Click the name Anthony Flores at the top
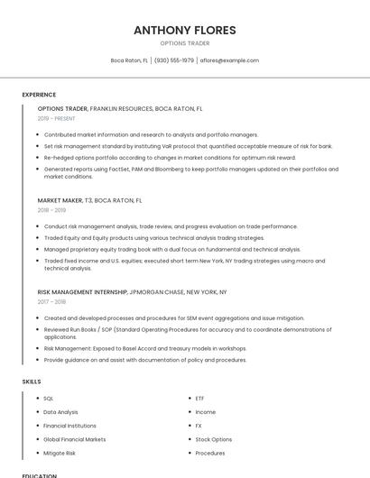[185, 30]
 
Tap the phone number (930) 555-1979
[174, 60]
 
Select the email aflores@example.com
[229, 60]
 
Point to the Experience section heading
[39, 95]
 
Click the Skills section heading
[32, 381]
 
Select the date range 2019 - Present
[57, 118]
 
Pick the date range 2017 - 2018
[51, 302]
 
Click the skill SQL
[49, 398]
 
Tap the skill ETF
[199, 398]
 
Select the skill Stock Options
[213, 439]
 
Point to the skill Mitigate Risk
[60, 453]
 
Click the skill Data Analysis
[60, 412]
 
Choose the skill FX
[199, 426]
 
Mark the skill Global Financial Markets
[74, 439]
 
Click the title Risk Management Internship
[82, 292]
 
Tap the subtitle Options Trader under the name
[185, 43]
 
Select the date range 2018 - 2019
[51, 210]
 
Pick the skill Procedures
[210, 453]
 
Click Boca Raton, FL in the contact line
[129, 60]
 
